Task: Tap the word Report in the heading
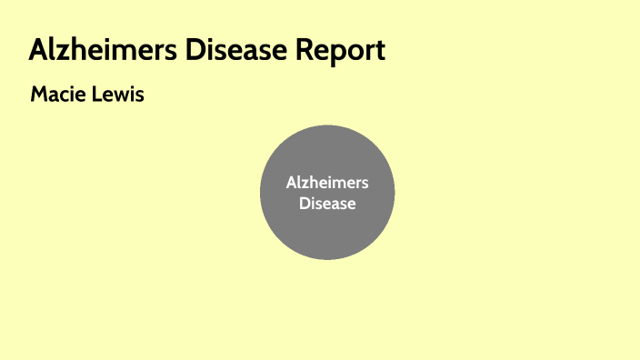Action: tap(341, 50)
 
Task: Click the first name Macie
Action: tap(58, 94)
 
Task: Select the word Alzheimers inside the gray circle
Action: tap(327, 183)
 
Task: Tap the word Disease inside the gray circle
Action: tap(327, 203)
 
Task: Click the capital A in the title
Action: tap(38, 50)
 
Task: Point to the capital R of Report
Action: tap(304, 50)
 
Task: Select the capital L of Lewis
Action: tap(98, 94)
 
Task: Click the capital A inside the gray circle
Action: tap(291, 183)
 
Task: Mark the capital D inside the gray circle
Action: tap(305, 203)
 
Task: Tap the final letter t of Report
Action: tap(380, 51)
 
